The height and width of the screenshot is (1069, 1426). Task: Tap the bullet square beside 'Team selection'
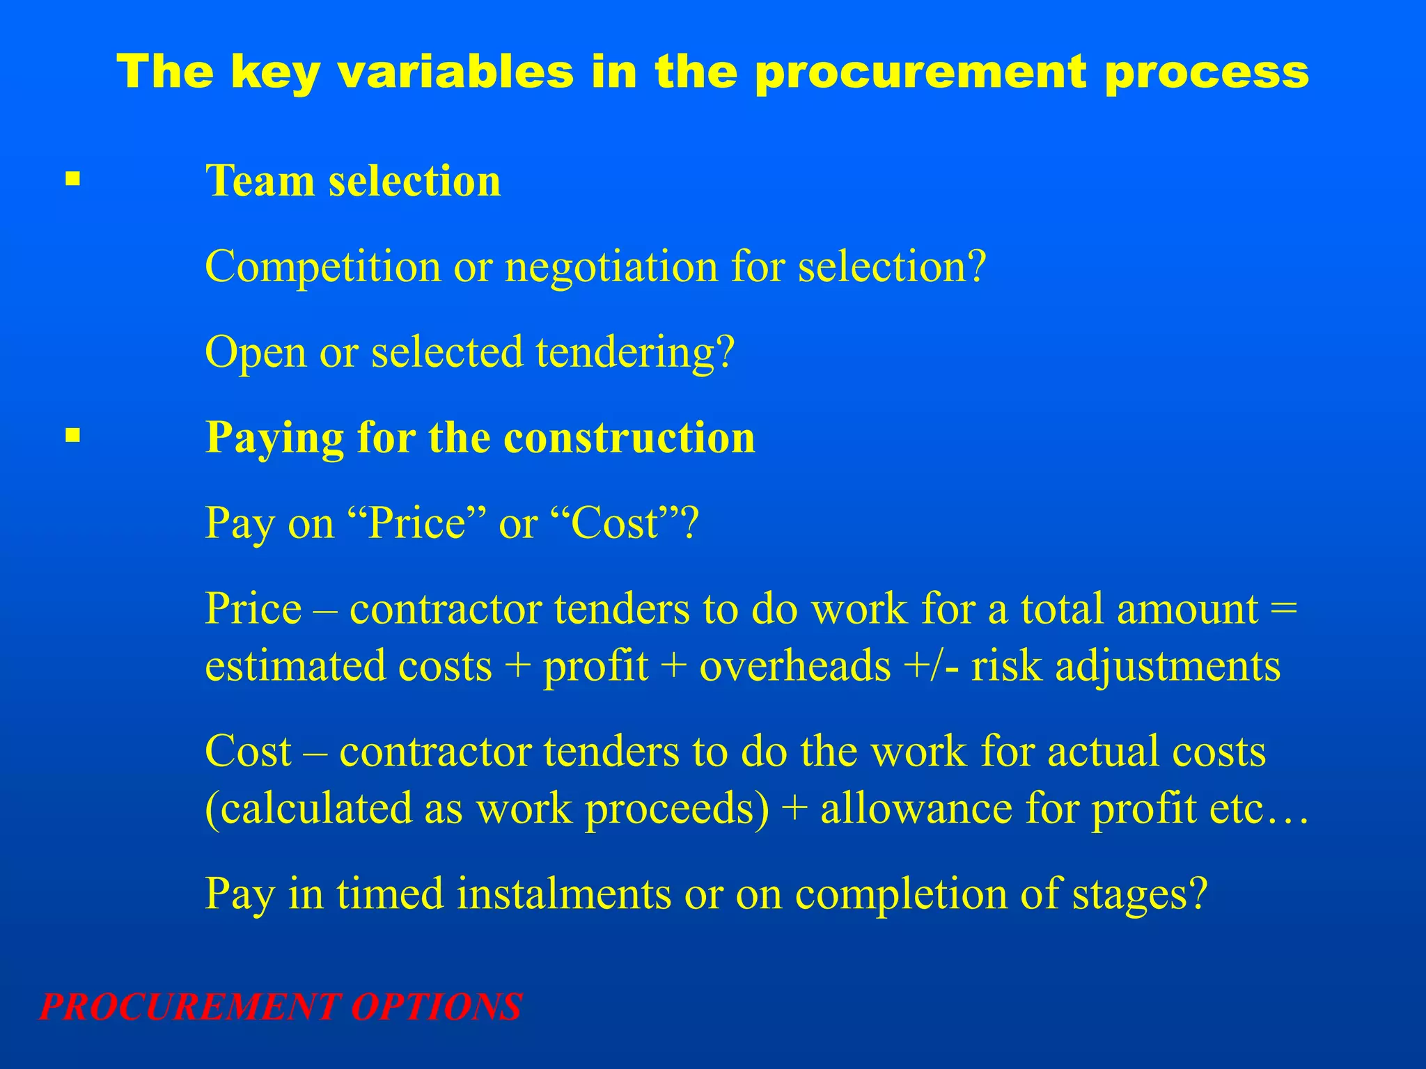pos(72,180)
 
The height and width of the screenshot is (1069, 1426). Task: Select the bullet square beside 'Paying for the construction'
pos(72,436)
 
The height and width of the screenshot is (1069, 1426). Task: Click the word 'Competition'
pos(323,267)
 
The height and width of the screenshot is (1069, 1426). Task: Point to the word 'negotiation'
pos(611,267)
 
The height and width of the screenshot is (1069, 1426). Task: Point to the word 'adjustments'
pos(1168,667)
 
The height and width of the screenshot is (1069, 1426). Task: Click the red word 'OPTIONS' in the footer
pos(436,1006)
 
